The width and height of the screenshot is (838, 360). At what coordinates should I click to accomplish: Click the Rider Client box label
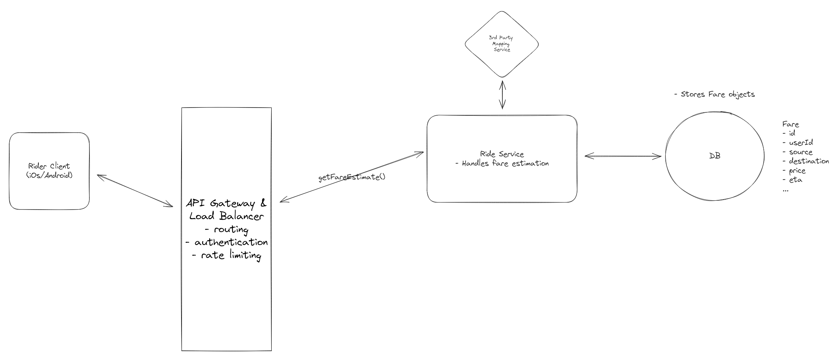tap(49, 166)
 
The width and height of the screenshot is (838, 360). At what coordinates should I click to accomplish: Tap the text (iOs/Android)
tap(49, 176)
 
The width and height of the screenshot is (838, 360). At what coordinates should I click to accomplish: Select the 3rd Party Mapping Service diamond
tap(501, 44)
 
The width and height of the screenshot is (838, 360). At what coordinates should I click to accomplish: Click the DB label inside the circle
tap(715, 156)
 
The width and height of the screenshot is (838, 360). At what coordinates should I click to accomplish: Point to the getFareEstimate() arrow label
tap(352, 177)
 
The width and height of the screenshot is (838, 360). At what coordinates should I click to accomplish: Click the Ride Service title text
tap(502, 154)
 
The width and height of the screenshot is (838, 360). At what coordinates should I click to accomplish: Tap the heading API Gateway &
tap(226, 203)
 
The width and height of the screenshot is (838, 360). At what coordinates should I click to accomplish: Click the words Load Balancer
tap(226, 216)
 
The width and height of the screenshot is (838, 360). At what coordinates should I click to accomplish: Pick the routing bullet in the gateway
tap(226, 230)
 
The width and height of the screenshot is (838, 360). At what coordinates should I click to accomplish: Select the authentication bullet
tap(226, 242)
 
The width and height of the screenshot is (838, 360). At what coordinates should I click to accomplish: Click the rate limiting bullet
tap(226, 255)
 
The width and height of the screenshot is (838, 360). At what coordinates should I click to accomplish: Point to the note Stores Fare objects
tap(714, 94)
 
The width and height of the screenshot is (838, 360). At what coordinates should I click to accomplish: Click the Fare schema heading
tap(790, 124)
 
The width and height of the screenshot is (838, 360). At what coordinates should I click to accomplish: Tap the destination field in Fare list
tap(806, 161)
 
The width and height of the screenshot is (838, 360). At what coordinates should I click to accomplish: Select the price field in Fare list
tap(794, 171)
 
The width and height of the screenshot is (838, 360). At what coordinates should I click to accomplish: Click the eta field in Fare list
tap(792, 180)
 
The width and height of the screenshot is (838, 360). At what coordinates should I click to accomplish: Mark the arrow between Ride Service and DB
tap(623, 156)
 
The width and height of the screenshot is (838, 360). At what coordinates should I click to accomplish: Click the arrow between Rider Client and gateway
tap(135, 191)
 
